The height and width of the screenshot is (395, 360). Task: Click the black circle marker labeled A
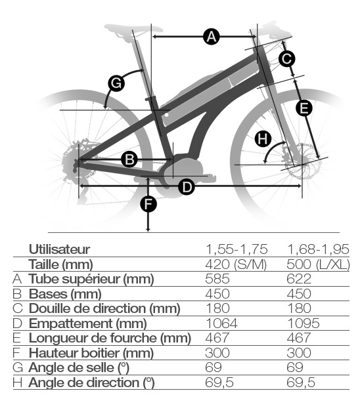[212, 37]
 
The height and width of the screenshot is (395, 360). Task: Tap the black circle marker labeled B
[129, 159]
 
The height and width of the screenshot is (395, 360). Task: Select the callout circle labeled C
[287, 58]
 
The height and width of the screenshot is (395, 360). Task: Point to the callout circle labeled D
[187, 187]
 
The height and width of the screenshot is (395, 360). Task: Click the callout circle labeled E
[304, 108]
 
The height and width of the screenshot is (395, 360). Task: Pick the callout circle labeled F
[148, 204]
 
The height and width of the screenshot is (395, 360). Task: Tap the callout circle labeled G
[116, 83]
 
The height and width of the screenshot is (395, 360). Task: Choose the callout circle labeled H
[263, 139]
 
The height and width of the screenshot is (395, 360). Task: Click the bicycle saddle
[133, 29]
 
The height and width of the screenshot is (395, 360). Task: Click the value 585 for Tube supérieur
[217, 279]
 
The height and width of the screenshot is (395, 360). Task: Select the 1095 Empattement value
[303, 323]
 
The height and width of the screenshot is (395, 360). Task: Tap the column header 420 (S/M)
[236, 264]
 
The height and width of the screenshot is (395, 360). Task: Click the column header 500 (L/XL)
[319, 264]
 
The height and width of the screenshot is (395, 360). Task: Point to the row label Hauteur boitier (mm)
[91, 353]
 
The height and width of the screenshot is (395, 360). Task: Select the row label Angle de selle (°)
[79, 367]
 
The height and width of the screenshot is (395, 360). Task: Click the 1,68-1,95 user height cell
[319, 249]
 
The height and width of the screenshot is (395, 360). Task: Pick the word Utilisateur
[60, 249]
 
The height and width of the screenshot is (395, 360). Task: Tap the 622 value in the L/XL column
[299, 279]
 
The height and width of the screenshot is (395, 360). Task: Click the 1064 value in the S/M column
[221, 323]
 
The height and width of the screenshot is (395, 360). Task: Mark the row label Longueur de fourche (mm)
[110, 338]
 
